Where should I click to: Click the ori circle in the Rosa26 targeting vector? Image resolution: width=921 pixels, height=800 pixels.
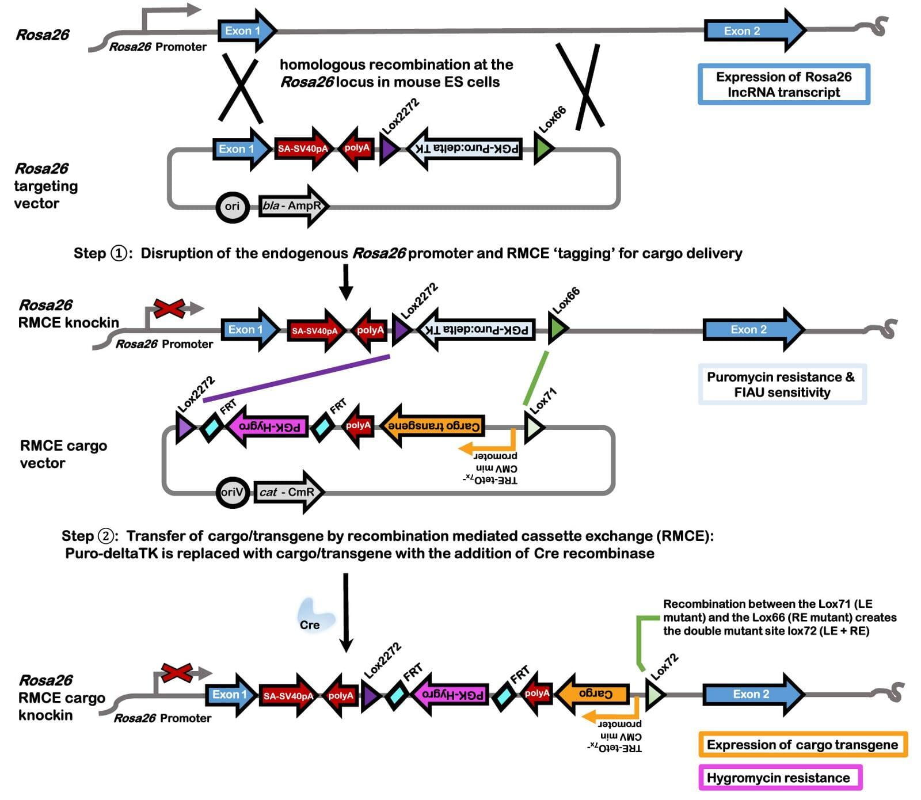233,207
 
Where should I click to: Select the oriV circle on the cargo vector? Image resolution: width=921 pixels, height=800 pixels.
233,492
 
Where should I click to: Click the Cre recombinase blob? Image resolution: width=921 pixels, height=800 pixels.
314,616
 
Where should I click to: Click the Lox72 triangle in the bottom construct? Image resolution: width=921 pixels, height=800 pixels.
654,695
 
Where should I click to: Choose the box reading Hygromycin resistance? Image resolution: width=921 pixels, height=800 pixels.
779,778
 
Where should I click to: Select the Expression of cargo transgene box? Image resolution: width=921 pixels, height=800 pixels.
802,745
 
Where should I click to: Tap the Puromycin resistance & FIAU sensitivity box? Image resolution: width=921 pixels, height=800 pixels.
782,384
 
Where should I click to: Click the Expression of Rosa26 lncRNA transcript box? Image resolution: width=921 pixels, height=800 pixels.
783,85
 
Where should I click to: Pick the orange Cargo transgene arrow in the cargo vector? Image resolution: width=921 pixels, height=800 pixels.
433,426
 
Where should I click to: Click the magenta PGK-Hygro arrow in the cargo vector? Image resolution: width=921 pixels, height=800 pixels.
268,427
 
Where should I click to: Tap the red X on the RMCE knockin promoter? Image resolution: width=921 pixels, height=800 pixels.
168,308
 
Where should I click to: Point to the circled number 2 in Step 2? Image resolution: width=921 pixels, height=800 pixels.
106,536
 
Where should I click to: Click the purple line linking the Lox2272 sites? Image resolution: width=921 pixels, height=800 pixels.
296,378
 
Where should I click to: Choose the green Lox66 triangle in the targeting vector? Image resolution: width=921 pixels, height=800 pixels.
543,148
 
